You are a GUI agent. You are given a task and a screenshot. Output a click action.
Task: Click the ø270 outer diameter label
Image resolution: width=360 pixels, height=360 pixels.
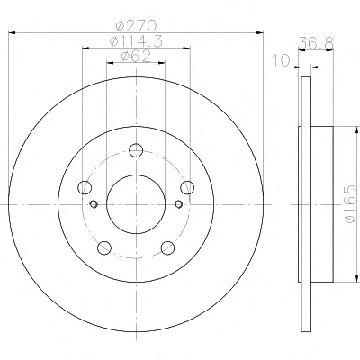[136, 25]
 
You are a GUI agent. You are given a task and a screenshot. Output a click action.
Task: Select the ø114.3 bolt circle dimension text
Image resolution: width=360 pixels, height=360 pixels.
[136, 41]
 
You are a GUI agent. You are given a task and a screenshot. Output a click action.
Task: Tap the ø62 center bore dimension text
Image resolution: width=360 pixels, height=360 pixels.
[136, 57]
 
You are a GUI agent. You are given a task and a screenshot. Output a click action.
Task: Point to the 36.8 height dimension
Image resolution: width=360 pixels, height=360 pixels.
[316, 44]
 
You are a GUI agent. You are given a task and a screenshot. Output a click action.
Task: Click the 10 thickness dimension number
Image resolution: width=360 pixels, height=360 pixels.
[282, 60]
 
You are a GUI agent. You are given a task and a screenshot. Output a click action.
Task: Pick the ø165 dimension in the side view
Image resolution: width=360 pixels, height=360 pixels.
[350, 204]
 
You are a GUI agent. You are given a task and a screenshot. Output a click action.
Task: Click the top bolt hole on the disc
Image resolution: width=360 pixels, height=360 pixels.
[136, 150]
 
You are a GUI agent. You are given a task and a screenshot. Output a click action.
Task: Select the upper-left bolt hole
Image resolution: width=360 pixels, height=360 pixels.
[85, 187]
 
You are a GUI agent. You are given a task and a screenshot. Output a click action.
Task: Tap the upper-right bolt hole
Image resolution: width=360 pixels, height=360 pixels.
[187, 187]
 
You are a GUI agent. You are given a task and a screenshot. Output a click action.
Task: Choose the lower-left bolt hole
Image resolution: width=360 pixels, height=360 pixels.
[104, 247]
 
